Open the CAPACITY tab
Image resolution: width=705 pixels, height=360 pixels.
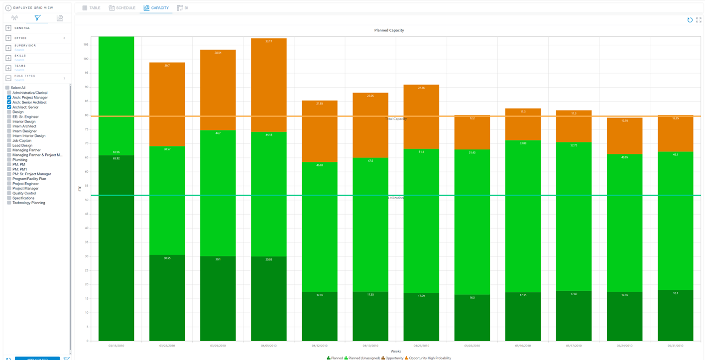156,8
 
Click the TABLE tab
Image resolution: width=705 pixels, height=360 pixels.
92,8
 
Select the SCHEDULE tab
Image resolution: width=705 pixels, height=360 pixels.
122,8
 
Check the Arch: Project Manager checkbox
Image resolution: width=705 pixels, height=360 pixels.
9,98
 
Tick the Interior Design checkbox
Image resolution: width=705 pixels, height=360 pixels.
9,121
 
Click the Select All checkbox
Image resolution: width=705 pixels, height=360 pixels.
7,88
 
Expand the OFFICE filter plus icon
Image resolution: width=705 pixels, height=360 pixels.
8,38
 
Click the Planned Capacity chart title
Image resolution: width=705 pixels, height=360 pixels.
389,30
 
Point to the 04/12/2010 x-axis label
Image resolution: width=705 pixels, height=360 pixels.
320,346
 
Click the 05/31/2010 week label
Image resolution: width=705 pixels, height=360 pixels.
675,346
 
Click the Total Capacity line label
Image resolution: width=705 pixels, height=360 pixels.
396,119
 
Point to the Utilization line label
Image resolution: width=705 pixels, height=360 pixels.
396,198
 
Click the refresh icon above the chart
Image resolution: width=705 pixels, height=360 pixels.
690,20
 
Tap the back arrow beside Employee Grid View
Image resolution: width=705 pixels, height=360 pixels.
8,8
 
